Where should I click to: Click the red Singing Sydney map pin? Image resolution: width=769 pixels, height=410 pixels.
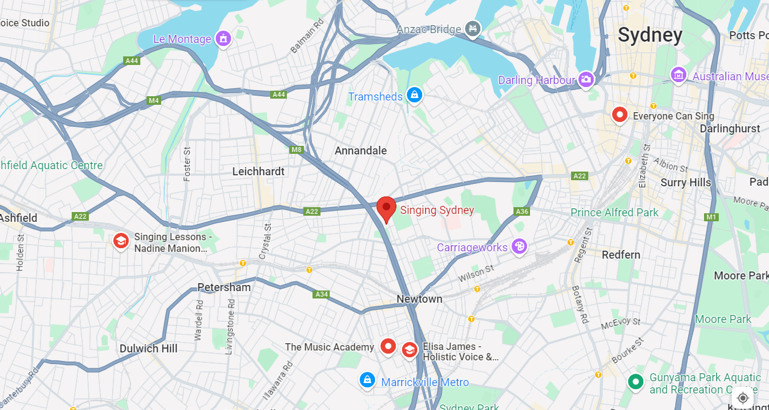click(x=386, y=208)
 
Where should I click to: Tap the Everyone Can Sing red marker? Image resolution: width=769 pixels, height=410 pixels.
click(x=619, y=115)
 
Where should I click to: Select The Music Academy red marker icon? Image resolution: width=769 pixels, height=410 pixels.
click(x=387, y=346)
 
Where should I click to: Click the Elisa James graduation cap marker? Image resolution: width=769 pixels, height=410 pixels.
click(x=409, y=350)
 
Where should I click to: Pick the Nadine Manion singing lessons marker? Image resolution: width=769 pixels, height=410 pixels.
click(x=121, y=241)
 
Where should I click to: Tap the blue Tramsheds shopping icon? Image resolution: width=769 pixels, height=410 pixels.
click(x=415, y=95)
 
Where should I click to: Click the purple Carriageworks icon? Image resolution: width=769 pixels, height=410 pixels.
click(x=519, y=246)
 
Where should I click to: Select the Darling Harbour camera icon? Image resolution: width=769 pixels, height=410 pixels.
click(x=586, y=79)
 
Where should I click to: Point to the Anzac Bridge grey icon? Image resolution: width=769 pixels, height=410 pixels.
click(x=472, y=28)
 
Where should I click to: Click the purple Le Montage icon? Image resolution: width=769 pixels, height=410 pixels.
click(x=224, y=39)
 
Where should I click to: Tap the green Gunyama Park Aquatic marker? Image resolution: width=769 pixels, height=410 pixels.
click(x=636, y=382)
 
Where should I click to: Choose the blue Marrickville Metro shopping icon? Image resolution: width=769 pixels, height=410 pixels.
click(x=367, y=380)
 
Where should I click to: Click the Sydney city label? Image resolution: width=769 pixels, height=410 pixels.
click(x=650, y=35)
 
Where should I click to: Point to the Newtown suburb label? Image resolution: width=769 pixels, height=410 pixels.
click(x=419, y=299)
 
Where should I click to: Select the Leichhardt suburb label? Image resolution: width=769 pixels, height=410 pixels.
click(x=258, y=172)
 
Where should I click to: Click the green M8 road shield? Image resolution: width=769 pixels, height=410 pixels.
click(x=297, y=150)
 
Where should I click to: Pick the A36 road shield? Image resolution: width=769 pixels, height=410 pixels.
click(x=521, y=211)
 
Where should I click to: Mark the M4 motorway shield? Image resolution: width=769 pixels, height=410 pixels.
click(x=153, y=101)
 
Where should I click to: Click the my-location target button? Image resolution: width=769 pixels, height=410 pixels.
click(x=743, y=398)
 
